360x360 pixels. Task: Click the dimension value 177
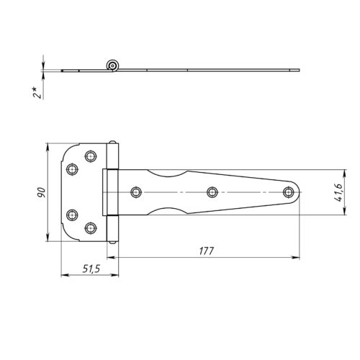[x=206, y=251]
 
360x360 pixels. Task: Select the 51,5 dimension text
[x=91, y=269]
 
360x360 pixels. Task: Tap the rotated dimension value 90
[x=41, y=192]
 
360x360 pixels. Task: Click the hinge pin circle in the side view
[x=112, y=66]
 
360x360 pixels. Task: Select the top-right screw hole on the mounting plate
[x=91, y=156]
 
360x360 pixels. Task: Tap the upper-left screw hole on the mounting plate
[x=72, y=169]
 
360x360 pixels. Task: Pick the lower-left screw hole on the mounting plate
[x=72, y=215]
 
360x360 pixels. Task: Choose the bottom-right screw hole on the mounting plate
[x=91, y=228]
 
